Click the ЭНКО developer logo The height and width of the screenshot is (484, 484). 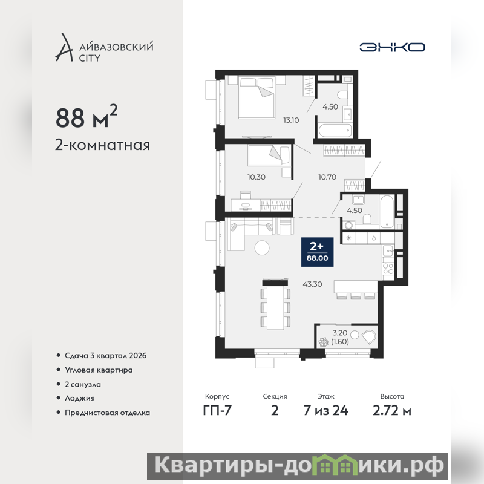click(392, 47)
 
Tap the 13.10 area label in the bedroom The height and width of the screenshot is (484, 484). click(291, 120)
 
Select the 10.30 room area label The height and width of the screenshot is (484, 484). click(256, 177)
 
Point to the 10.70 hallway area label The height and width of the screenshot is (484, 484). click(327, 177)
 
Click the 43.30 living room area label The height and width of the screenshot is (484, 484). click(312, 284)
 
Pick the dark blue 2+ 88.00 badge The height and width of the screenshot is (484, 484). click(317, 252)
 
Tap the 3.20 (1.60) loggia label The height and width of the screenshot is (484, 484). click(340, 337)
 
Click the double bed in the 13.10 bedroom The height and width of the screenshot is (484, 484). click(257, 97)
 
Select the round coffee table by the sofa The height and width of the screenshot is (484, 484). click(262, 247)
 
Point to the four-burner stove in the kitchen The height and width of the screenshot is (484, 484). click(388, 269)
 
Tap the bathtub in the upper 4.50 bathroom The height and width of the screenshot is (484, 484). click(335, 131)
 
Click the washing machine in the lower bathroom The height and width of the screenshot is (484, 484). click(348, 225)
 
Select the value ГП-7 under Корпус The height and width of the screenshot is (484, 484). click(217, 410)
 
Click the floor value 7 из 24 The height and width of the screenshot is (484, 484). click(326, 410)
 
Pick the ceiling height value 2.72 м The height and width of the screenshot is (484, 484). click(392, 411)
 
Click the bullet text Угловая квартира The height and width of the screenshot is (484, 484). click(99, 370)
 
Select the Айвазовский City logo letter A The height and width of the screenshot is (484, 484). click(64, 47)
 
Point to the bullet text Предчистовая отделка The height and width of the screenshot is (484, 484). click(108, 413)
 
